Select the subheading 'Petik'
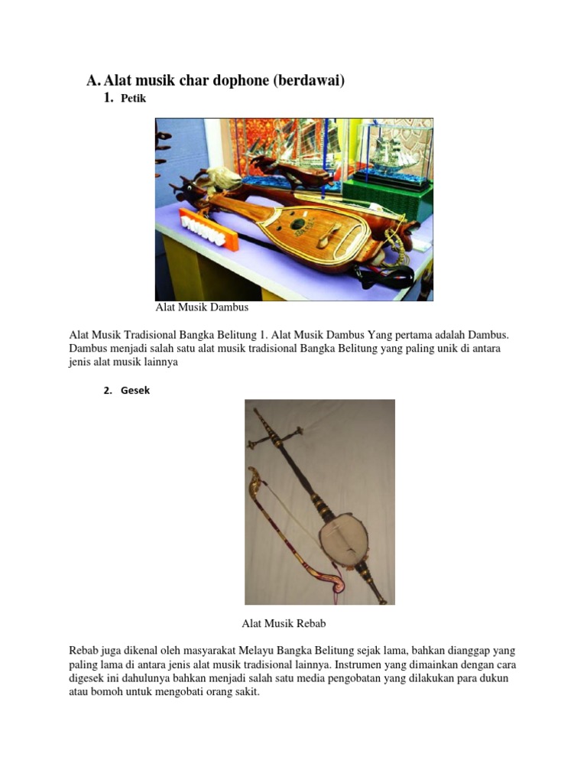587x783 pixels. coord(133,99)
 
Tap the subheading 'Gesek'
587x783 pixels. coord(135,390)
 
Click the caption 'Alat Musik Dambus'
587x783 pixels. coord(202,307)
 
